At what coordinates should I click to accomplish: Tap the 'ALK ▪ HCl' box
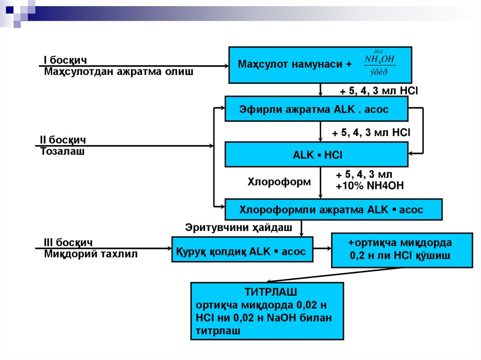316,154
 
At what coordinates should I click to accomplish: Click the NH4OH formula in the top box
380,59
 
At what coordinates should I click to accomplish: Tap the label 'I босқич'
65,61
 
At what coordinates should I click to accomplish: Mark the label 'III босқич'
68,243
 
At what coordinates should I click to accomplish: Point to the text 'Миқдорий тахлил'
91,254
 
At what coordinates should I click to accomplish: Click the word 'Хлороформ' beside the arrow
279,182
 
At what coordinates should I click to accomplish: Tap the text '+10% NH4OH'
370,186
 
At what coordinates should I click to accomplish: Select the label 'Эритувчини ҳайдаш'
239,228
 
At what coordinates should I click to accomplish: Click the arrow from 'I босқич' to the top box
141,66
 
